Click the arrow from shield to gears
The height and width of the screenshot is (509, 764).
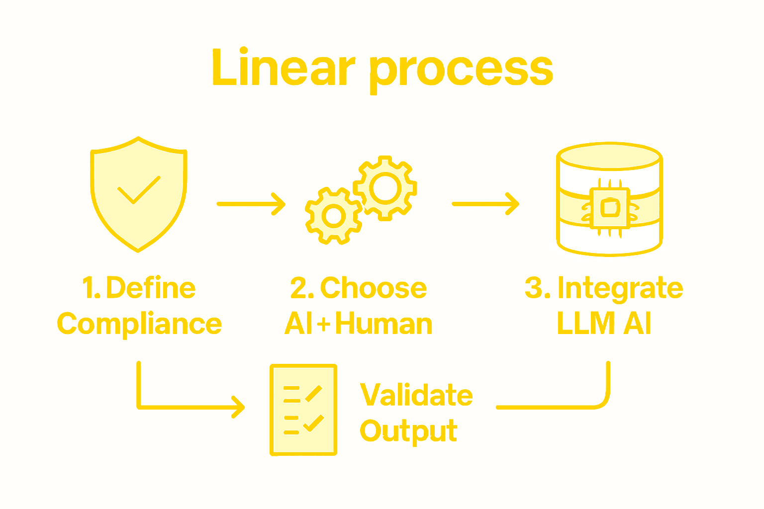251,204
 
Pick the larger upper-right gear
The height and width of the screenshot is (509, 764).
385,188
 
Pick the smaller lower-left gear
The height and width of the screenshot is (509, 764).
334,216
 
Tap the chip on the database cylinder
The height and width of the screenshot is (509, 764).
609,208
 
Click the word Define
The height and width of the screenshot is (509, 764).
151,288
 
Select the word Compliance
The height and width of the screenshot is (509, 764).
139,324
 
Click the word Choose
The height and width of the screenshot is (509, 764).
373,288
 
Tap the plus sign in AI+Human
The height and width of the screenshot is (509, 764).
323,325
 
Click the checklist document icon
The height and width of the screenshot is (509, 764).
303,410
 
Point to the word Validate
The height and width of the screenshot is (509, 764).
416,395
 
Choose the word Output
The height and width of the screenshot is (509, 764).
408,431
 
